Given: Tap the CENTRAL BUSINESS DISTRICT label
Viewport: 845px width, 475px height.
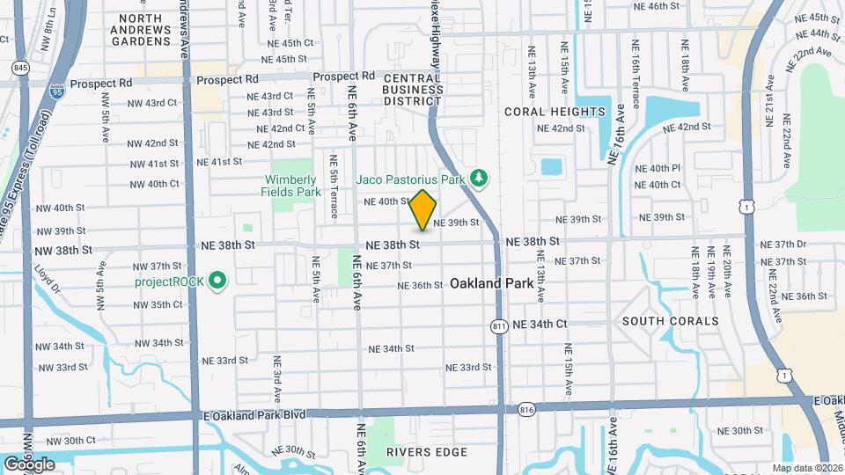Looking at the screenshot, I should (x=413, y=90).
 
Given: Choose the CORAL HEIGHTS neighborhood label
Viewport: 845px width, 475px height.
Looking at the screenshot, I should (x=555, y=112).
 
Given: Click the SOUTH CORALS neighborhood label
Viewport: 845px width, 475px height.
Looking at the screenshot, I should (x=671, y=321).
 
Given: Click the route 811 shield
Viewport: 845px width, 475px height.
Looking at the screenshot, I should (x=499, y=326).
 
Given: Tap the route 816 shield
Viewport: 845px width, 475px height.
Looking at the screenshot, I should (x=527, y=409).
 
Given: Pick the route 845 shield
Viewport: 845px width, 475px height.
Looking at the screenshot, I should (x=18, y=67).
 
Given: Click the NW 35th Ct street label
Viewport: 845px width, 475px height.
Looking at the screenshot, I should (x=158, y=304).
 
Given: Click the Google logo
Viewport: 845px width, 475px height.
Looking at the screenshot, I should (x=29, y=464).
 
